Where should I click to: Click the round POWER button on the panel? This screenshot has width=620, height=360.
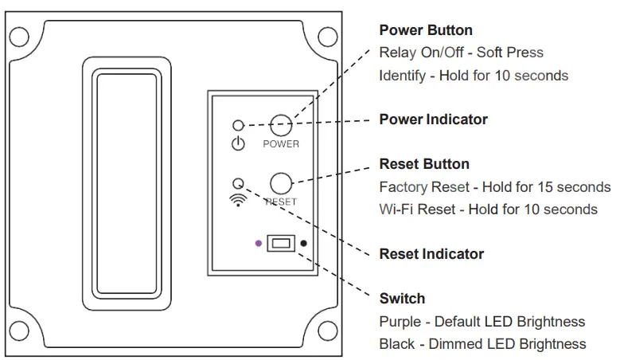click(280, 124)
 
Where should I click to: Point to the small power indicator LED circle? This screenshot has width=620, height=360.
click(237, 125)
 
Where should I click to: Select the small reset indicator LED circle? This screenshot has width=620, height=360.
click(237, 182)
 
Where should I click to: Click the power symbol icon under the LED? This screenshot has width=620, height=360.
click(237, 144)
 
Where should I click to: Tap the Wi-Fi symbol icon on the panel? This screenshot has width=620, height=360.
click(237, 200)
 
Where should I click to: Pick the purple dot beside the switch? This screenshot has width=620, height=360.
click(258, 243)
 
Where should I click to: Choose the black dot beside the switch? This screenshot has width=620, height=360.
click(303, 243)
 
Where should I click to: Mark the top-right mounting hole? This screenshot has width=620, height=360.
click(326, 36)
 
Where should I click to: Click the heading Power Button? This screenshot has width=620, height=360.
click(425, 30)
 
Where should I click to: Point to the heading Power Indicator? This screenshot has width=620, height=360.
click(433, 119)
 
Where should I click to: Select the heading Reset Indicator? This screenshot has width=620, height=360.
click(431, 254)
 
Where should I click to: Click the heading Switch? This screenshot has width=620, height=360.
click(402, 299)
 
